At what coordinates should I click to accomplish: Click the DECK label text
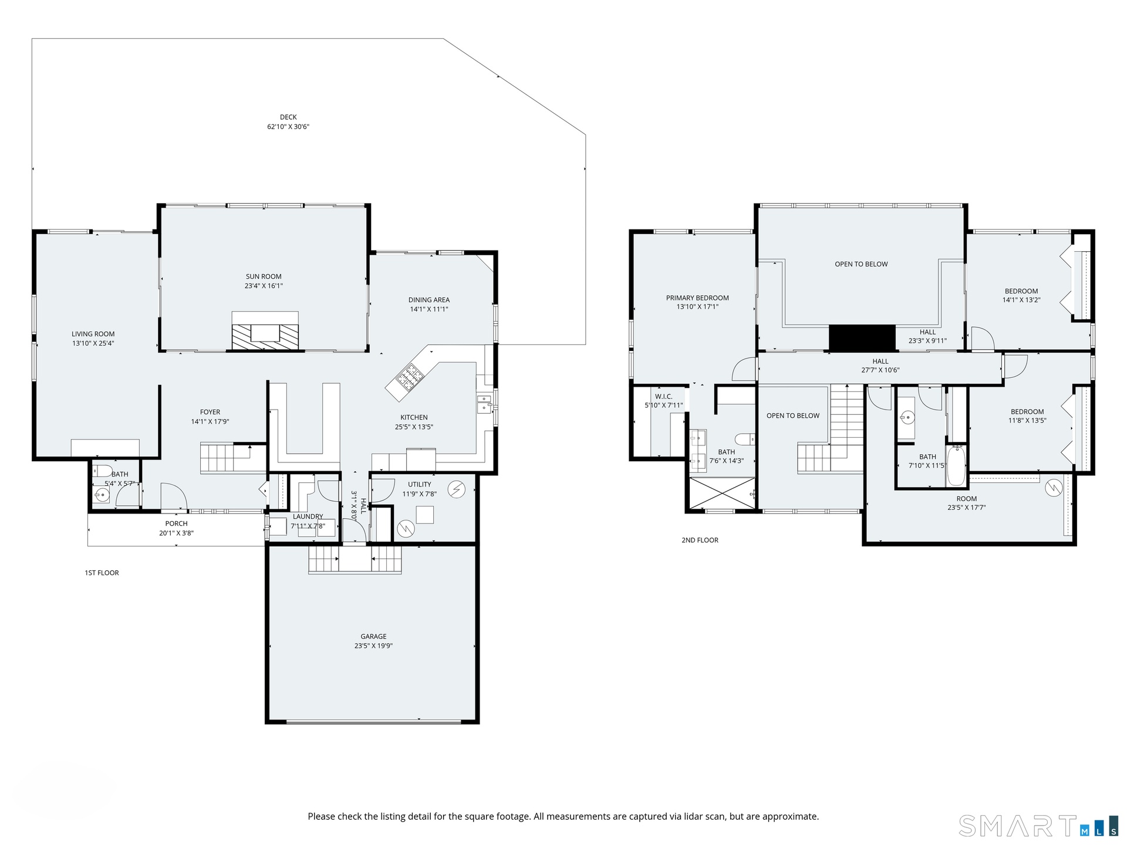point(288,117)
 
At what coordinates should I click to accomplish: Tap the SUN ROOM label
point(264,276)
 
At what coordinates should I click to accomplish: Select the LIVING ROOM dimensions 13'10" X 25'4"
point(93,343)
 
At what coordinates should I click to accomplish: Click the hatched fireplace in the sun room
point(265,331)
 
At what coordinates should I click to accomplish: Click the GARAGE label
point(373,636)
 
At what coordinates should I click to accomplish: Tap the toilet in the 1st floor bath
point(103,470)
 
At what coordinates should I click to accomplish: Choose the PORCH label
point(176,523)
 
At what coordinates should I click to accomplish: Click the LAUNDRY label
point(308,516)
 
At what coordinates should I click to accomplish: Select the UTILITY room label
point(420,484)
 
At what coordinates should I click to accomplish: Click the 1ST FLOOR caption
point(102,573)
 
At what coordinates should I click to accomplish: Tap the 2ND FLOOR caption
point(700,540)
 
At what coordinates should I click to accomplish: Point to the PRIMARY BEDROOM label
point(697,298)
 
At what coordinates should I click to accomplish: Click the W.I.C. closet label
point(664,397)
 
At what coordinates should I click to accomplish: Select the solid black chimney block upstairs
point(862,338)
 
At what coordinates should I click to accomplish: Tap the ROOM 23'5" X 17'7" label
point(966,503)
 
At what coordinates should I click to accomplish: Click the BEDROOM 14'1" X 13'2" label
point(1021,295)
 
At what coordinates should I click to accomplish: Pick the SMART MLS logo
point(1038,826)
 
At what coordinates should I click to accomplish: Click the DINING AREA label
point(429,300)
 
